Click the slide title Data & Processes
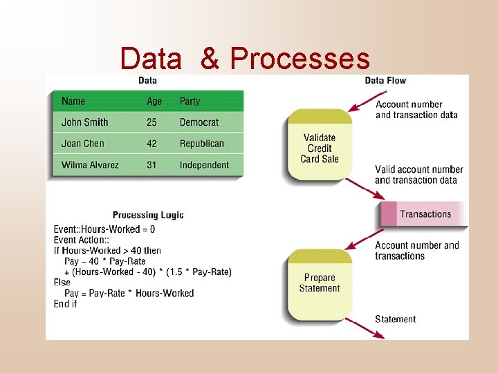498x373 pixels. tap(245, 59)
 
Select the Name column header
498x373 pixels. tap(73, 102)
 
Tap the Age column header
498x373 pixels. tap(154, 102)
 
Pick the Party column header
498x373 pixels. tap(190, 102)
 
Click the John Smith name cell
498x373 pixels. tap(84, 122)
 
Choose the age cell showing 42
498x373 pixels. tap(151, 144)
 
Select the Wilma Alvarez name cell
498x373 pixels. tap(90, 165)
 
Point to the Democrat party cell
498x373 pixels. tap(199, 122)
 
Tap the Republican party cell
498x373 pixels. tap(202, 144)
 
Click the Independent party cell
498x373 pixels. tap(204, 165)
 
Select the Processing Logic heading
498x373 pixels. tap(148, 215)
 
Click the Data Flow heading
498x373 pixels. tap(385, 81)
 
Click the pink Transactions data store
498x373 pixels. tap(423, 214)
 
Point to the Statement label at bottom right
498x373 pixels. tap(395, 319)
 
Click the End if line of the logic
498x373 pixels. tap(66, 304)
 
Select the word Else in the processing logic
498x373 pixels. tap(62, 283)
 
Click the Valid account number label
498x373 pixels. tap(419, 170)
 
